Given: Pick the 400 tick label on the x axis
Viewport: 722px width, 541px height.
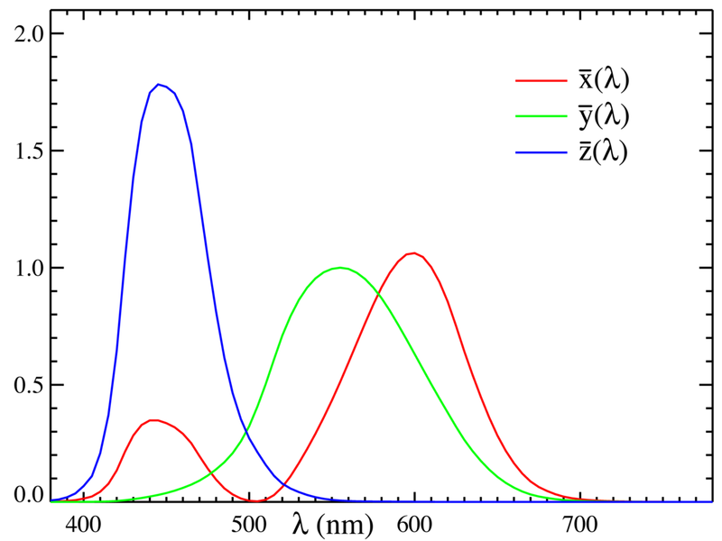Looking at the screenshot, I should [x=84, y=522].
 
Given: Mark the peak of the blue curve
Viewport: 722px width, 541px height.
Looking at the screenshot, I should [x=159, y=85].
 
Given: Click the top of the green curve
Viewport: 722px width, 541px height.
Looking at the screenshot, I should [x=340, y=268].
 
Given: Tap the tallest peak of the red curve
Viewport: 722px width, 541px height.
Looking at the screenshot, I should [x=413, y=253].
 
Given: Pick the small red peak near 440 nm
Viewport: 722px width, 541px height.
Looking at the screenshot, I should [x=154, y=420].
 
